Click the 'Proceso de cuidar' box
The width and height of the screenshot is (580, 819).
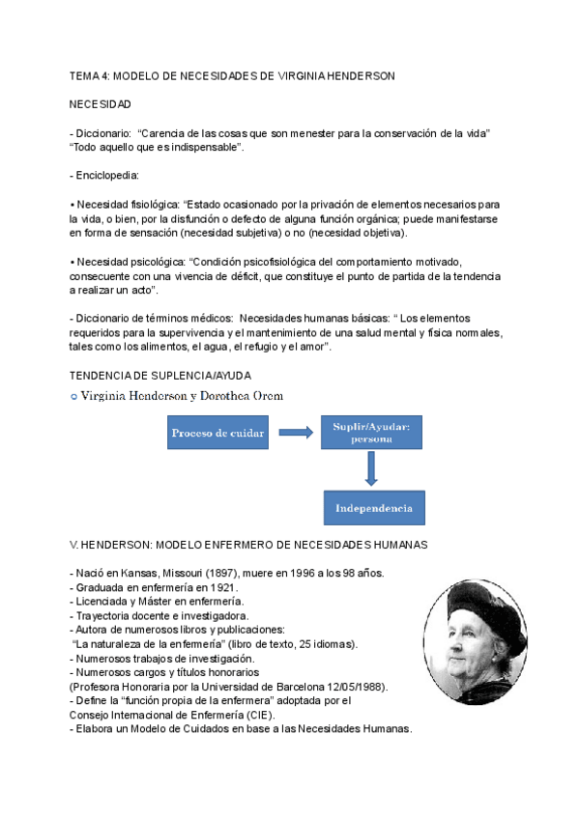pos(217,434)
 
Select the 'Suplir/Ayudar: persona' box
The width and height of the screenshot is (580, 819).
pos(371,433)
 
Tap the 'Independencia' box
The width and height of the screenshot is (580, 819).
pos(373,508)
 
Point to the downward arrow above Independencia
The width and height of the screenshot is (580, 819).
pos(371,470)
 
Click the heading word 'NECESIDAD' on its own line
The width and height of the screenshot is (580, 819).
pos(101,103)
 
